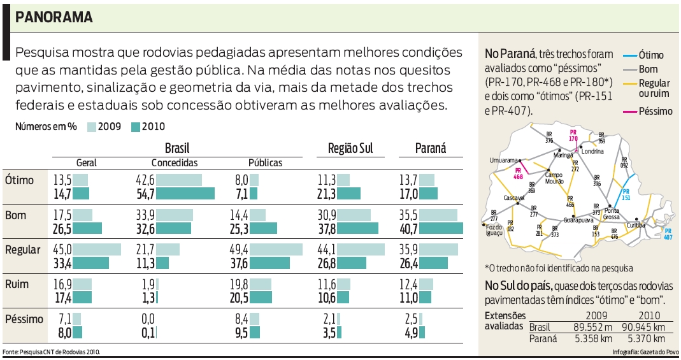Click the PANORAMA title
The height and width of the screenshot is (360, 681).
tap(54, 17)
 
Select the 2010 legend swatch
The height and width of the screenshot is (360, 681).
tap(135, 126)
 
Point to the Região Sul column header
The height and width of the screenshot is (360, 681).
tap(350, 148)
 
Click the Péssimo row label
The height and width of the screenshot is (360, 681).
tap(24, 319)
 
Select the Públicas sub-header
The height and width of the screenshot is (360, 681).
tap(265, 162)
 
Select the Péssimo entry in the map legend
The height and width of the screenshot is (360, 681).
tap(656, 111)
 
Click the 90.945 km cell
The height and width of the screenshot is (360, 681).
tap(642, 328)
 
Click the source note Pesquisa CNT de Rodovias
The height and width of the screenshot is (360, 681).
tap(51, 352)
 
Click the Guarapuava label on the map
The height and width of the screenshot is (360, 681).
tap(580, 220)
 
